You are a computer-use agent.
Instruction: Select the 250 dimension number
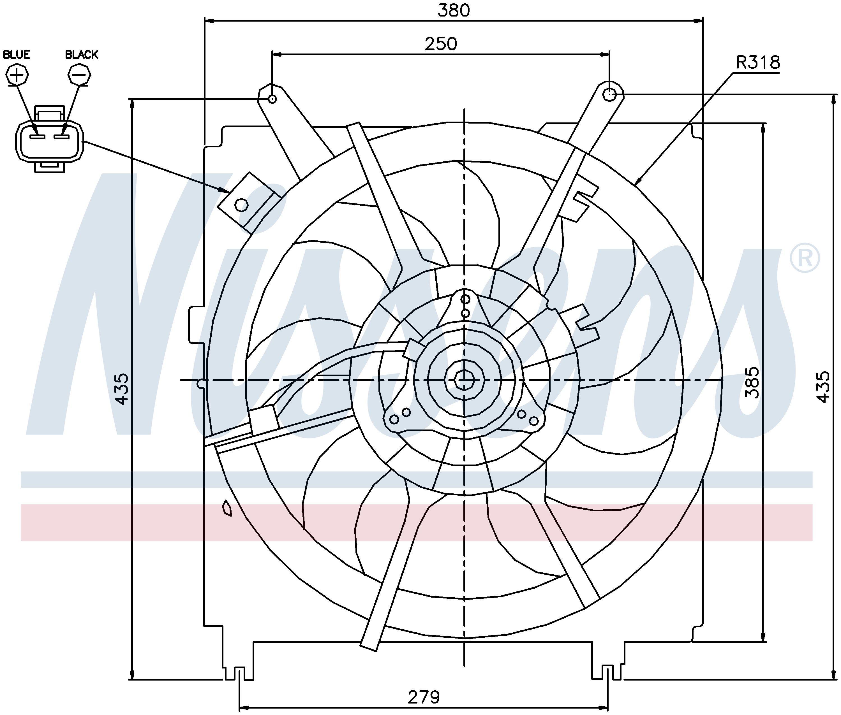(441, 43)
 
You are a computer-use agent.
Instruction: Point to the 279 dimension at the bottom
(424, 697)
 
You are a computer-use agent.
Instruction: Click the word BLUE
(17, 54)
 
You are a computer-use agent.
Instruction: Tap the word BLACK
(82, 54)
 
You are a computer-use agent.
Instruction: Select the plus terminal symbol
(17, 75)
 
